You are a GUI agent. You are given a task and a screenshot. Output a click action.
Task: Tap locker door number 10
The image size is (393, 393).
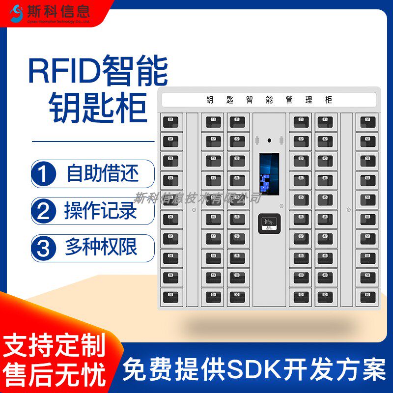click(x=171, y=296)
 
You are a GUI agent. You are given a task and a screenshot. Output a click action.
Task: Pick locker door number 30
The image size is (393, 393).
click(x=237, y=296)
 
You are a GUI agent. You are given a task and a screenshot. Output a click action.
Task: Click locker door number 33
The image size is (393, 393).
click(x=301, y=161)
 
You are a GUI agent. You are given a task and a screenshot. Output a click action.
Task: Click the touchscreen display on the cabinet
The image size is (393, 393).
click(x=269, y=174)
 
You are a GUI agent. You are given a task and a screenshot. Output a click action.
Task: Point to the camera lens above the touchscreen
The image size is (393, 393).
click(x=269, y=140)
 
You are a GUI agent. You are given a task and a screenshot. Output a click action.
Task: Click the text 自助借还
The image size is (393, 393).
click(x=103, y=173)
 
